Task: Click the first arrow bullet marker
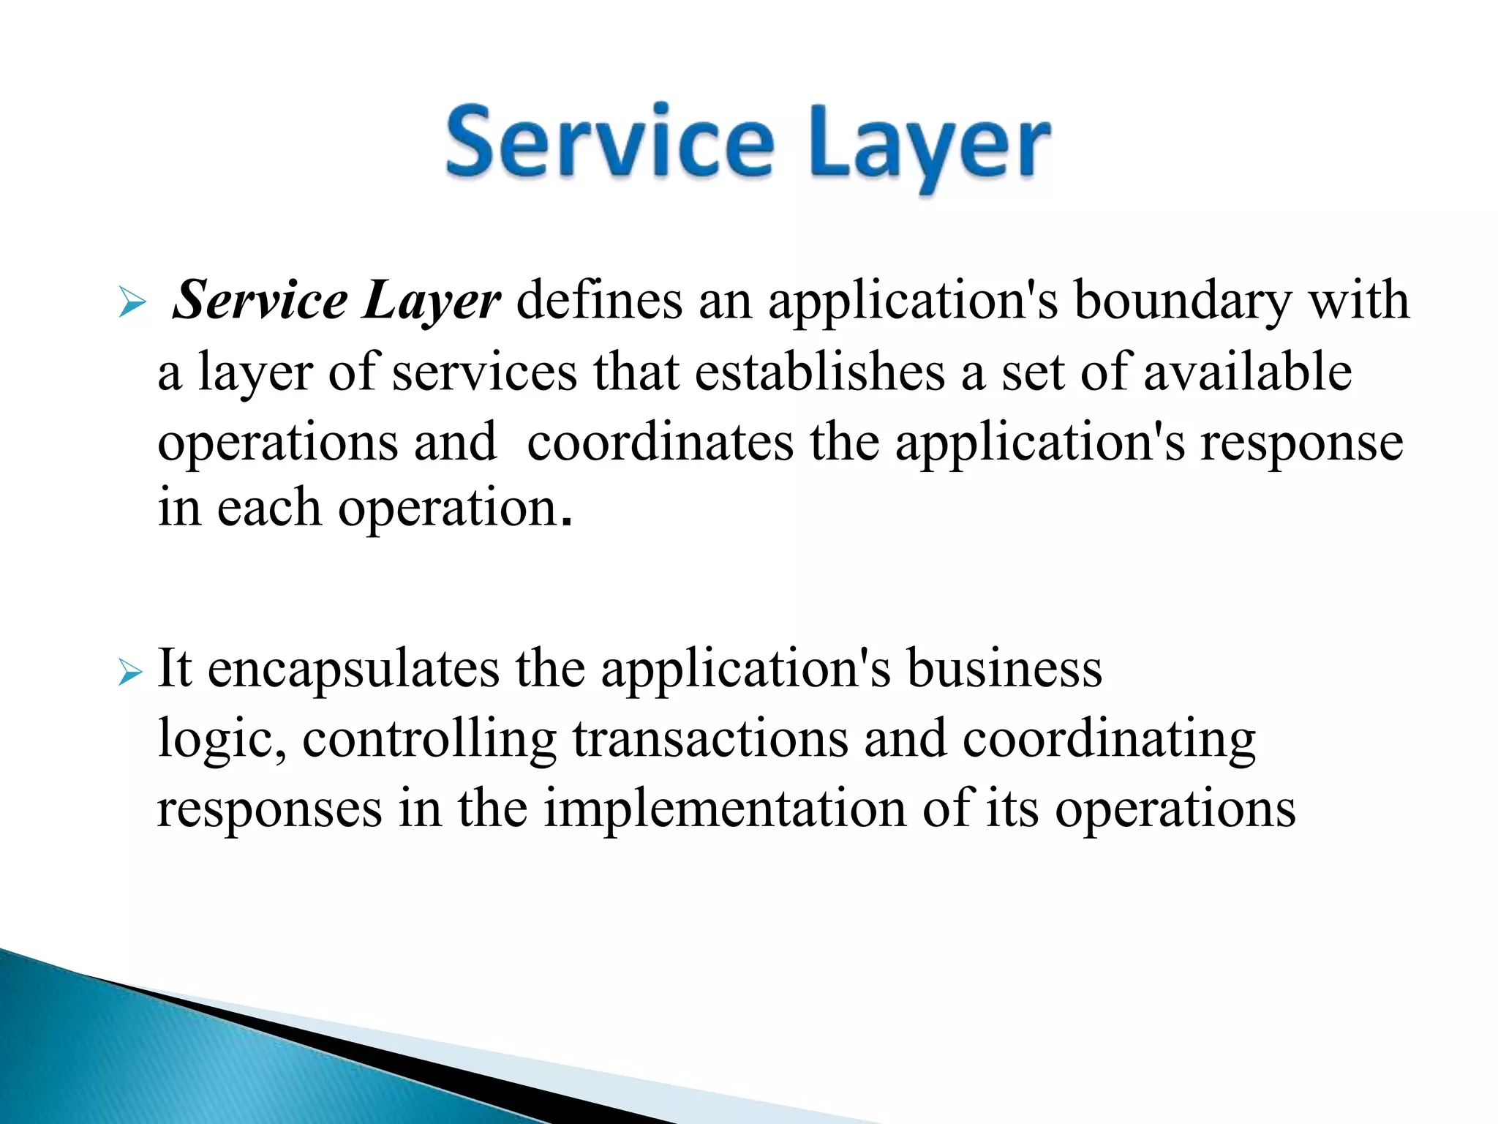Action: click(132, 303)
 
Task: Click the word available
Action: click(1247, 372)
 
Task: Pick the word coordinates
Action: click(660, 442)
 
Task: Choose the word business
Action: click(1004, 669)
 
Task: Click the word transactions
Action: click(710, 739)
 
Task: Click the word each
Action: click(268, 508)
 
